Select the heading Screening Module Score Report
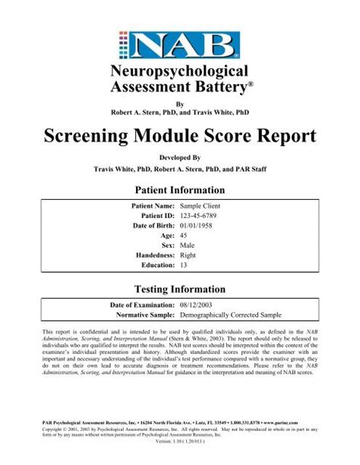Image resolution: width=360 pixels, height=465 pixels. pyautogui.click(x=180, y=138)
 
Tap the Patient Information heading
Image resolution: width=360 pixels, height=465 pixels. pyautogui.click(x=180, y=190)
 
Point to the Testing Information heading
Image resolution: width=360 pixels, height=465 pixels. pyautogui.click(x=180, y=289)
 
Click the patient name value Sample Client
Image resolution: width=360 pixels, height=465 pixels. pyautogui.click(x=201, y=205)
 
